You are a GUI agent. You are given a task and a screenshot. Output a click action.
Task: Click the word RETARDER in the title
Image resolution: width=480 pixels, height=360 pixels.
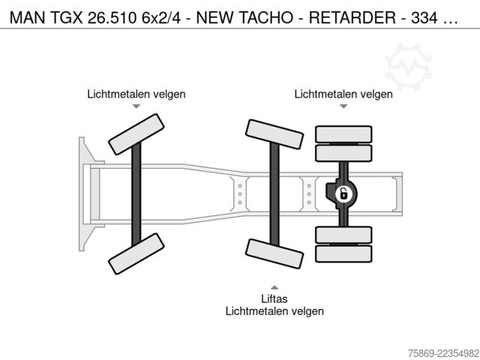(x=352, y=18)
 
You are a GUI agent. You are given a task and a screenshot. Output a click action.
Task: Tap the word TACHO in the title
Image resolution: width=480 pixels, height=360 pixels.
(x=265, y=18)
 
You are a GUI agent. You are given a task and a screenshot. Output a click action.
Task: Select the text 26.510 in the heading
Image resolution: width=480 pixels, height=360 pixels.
(x=112, y=18)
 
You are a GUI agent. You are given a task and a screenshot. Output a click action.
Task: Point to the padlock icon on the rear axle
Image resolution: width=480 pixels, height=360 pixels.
(x=343, y=194)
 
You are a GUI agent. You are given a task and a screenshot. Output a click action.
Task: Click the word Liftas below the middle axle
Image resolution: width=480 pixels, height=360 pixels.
(x=274, y=298)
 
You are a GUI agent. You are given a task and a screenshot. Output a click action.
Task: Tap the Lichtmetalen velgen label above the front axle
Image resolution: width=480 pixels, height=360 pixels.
(x=136, y=94)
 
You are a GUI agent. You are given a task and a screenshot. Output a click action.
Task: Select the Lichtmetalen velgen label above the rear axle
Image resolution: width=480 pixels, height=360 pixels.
(x=343, y=94)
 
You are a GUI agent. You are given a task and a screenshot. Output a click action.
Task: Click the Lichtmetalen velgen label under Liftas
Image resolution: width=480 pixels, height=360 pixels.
(x=274, y=311)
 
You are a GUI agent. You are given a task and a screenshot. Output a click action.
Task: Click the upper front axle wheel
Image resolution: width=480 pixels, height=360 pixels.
(x=136, y=134)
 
